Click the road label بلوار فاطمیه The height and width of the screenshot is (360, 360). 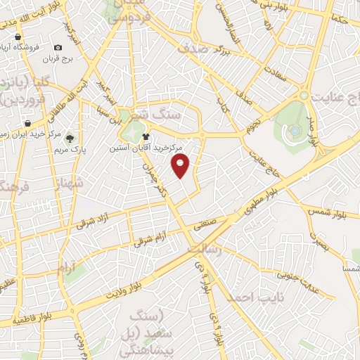30,319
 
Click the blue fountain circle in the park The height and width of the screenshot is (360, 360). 294,129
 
